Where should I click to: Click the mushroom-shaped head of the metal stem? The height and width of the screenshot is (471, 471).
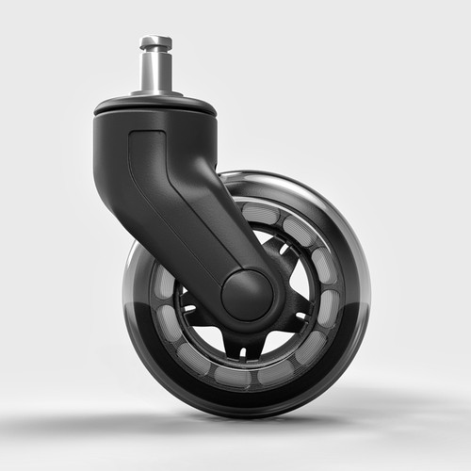(155, 42)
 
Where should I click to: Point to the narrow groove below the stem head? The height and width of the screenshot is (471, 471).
(155, 52)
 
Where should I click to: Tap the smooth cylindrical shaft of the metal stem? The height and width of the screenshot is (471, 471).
(155, 72)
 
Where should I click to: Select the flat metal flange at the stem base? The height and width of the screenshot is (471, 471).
(155, 92)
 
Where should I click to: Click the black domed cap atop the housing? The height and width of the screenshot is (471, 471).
(155, 104)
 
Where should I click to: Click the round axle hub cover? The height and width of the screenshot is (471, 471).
(247, 294)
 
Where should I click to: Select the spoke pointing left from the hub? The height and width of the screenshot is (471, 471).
(193, 306)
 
